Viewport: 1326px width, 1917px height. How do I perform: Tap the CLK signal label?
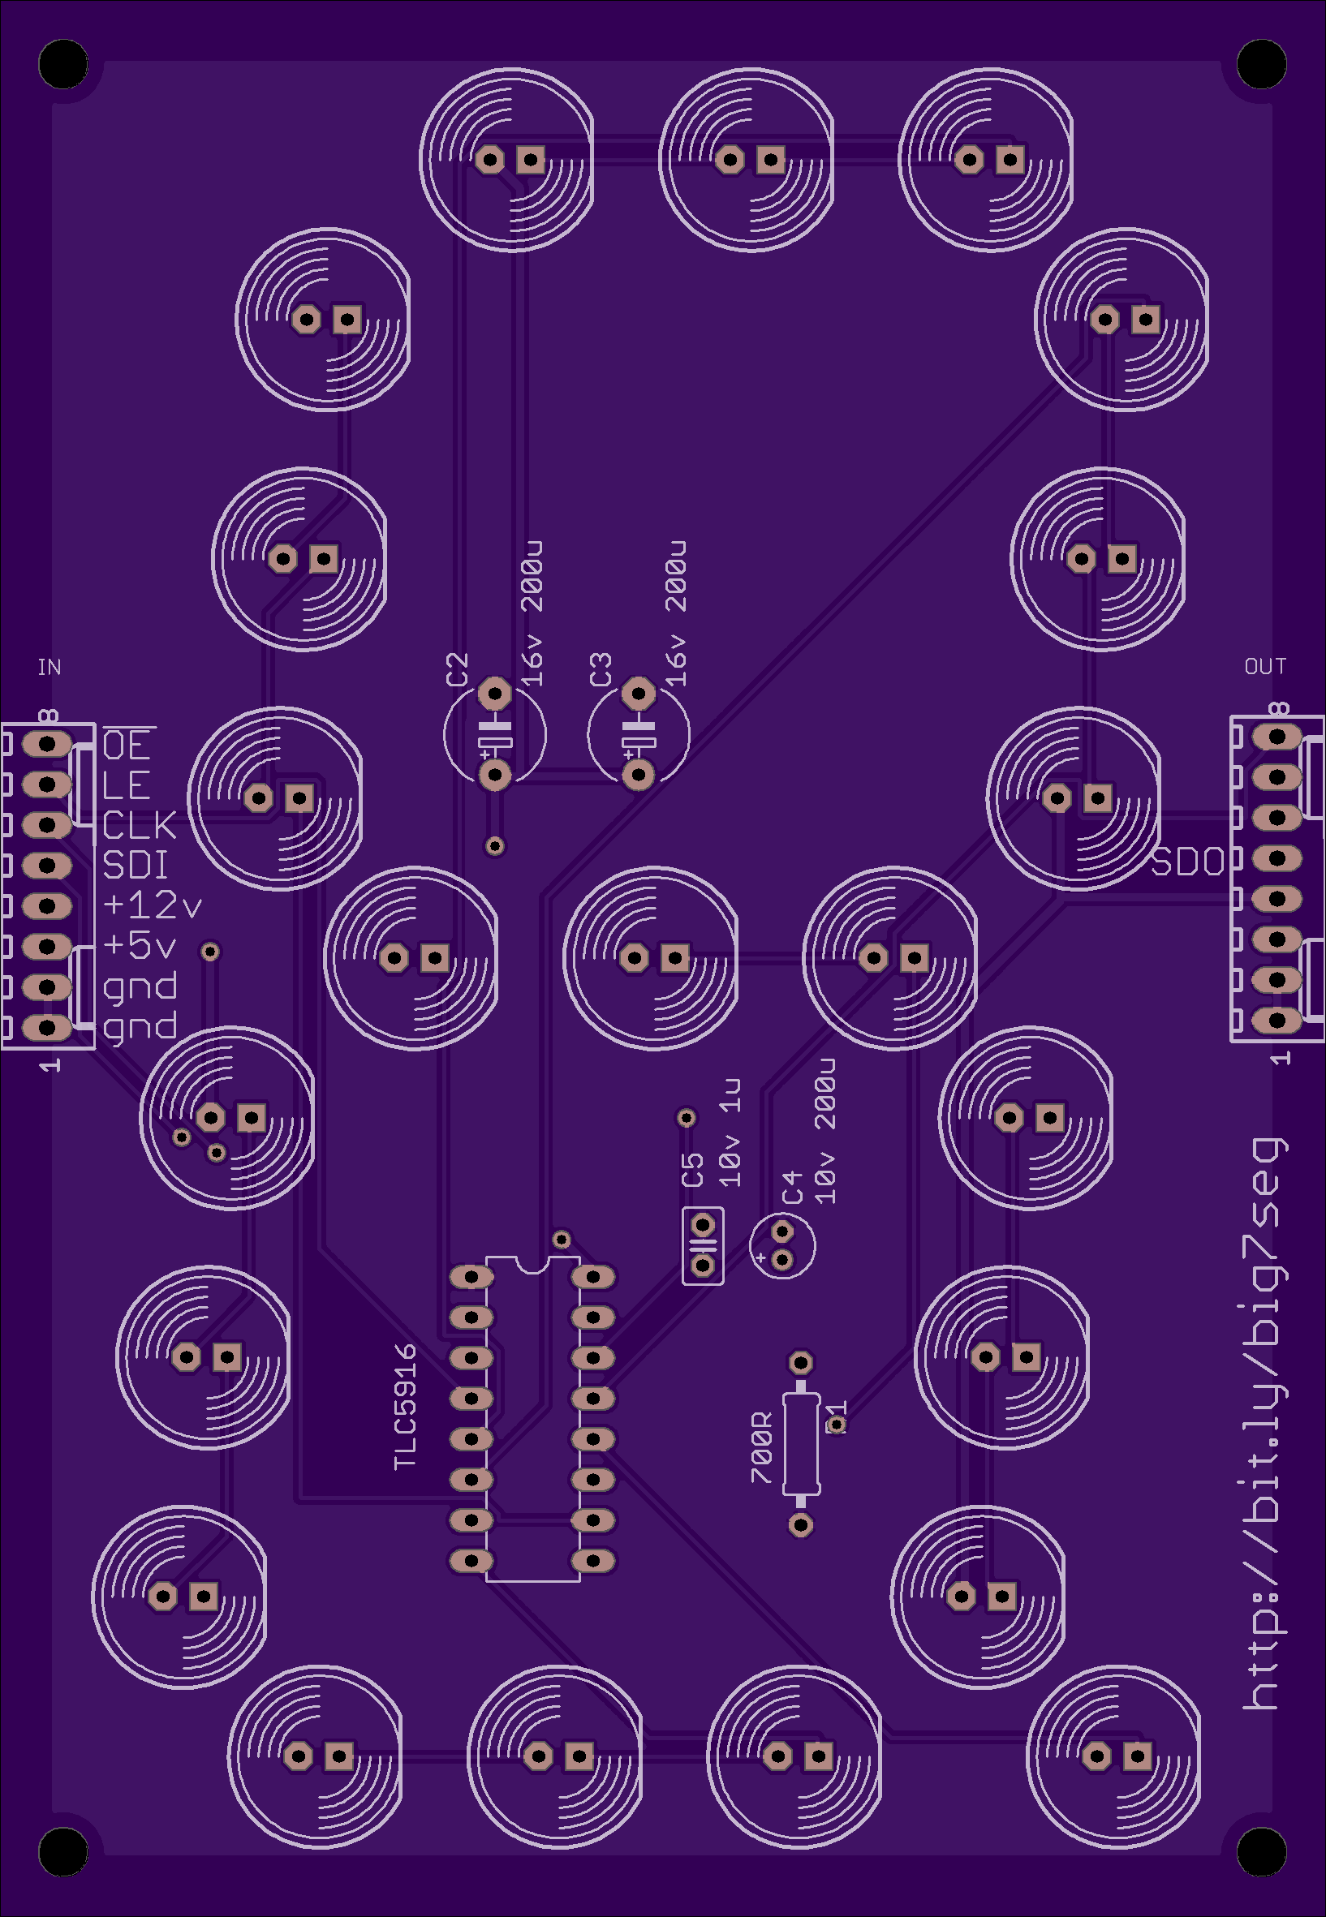(140, 826)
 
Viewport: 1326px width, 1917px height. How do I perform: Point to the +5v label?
(140, 945)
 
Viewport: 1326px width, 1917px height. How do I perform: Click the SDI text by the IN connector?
(136, 866)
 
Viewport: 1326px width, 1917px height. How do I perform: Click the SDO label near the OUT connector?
(1188, 863)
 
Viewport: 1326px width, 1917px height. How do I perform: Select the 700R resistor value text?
(761, 1447)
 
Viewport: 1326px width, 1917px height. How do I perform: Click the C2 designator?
(458, 669)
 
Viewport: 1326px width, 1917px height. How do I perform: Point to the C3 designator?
(601, 669)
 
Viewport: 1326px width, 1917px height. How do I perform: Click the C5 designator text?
(692, 1171)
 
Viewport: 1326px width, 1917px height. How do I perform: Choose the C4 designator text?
(794, 1187)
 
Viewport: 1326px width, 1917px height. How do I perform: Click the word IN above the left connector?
(49, 667)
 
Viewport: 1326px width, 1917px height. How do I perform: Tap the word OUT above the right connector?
(1264, 666)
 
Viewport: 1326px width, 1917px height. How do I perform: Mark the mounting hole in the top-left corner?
(63, 63)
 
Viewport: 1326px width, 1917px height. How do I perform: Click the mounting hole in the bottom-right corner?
(1262, 1852)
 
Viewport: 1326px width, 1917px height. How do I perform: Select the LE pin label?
(127, 785)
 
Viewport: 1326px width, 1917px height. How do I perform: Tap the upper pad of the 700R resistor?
(801, 1362)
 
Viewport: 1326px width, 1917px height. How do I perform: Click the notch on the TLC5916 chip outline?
(532, 1264)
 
